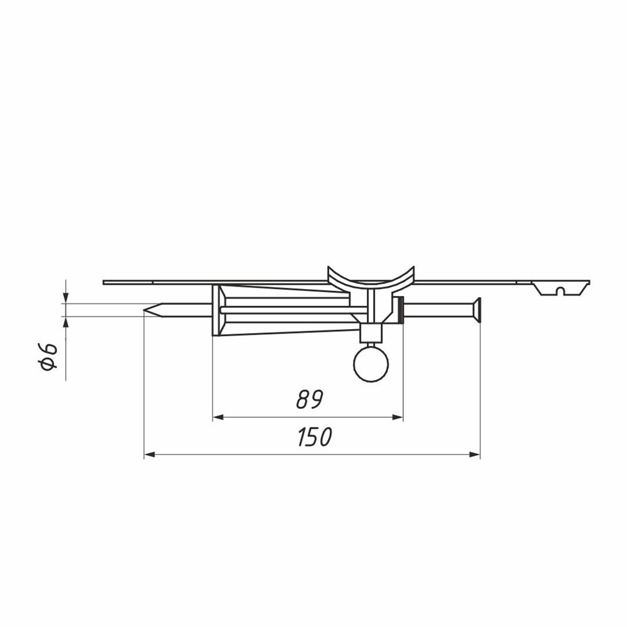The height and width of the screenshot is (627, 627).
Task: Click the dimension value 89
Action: [309, 399]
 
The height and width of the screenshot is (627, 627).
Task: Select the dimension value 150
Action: [315, 436]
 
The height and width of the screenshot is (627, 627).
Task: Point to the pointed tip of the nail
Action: [144, 310]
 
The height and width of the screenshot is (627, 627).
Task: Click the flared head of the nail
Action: [477, 310]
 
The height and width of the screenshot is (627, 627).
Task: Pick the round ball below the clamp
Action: [371, 364]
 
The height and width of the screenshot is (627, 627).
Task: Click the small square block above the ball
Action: [371, 334]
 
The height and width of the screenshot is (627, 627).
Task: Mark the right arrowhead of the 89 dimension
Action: [398, 418]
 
